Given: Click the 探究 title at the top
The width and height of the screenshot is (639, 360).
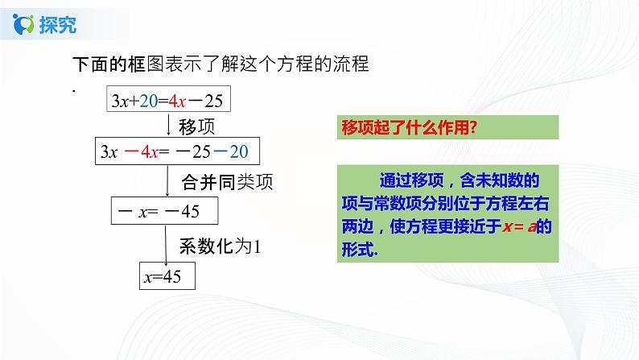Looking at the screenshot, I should coord(59,26).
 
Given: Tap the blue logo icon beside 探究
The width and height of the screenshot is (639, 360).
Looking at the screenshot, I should coord(26,26).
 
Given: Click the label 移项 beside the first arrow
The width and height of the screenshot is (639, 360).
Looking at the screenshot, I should coord(196,126).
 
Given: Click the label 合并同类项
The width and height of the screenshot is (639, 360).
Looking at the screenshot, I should coord(227,181).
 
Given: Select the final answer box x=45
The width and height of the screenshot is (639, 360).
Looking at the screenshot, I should coord(167,276).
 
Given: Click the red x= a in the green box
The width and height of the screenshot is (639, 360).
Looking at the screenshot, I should coord(519,227).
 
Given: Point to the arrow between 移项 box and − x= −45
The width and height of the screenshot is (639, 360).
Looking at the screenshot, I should coord(167,181).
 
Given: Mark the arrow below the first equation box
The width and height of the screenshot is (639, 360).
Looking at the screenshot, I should coord(167,124).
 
